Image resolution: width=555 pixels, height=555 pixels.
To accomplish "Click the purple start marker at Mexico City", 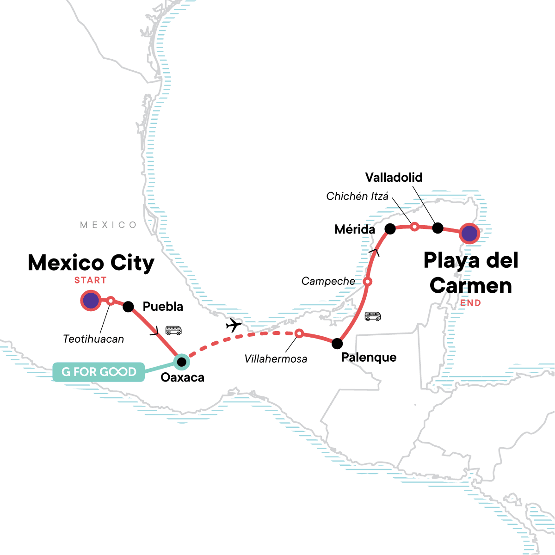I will click(x=91, y=301).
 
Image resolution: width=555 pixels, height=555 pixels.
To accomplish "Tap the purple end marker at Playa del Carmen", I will click(x=469, y=234).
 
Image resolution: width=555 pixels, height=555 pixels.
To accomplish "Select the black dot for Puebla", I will click(x=128, y=306).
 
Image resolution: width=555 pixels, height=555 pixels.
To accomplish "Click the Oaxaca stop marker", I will click(x=182, y=361).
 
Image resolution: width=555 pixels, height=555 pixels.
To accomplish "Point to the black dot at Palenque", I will click(x=337, y=343).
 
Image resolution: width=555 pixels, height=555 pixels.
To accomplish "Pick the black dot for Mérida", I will click(x=390, y=228).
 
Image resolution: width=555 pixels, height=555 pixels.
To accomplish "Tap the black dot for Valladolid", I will click(x=438, y=228).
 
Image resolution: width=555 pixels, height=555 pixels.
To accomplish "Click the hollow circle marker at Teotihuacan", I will click(x=111, y=301).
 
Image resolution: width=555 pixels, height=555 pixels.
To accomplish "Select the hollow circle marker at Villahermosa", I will click(x=299, y=333).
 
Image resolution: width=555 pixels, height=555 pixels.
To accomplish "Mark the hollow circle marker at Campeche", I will click(x=367, y=281).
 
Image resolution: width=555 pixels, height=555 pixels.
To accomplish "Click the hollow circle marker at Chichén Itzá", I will click(x=415, y=226).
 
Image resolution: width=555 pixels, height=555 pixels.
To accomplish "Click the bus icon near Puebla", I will click(x=173, y=330).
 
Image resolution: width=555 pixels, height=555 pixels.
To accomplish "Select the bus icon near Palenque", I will click(x=373, y=316).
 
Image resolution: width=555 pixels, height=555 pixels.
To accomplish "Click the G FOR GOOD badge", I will click(x=99, y=372).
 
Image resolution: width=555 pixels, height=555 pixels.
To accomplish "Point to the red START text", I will click(x=90, y=280).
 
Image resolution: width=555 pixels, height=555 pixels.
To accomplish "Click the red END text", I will click(x=470, y=303).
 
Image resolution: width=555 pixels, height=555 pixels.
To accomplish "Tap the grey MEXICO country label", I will click(x=109, y=225).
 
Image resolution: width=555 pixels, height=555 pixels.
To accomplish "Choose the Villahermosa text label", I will click(x=276, y=358).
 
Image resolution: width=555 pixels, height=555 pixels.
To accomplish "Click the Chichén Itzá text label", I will click(x=357, y=196).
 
